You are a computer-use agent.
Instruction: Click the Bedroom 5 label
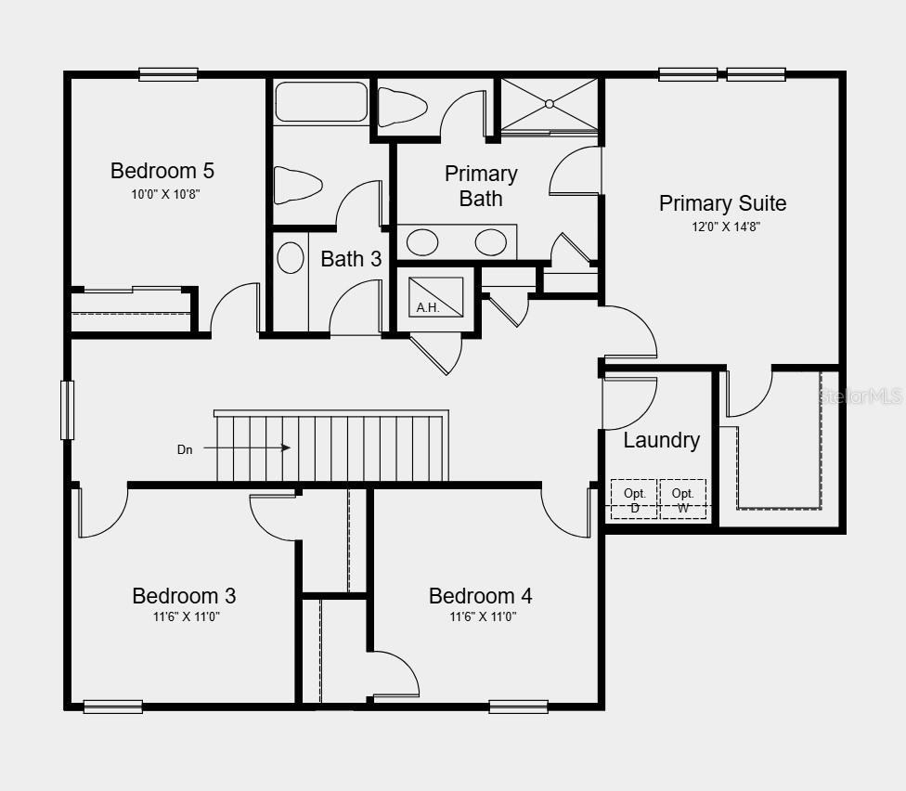(x=162, y=171)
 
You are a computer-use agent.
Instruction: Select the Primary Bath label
(x=481, y=186)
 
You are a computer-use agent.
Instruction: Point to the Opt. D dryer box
(x=634, y=499)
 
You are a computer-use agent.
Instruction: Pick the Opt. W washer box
(x=683, y=499)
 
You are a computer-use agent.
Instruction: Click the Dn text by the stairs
(x=186, y=449)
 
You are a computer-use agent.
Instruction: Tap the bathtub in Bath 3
(x=321, y=102)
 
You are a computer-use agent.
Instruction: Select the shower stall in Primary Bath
(x=550, y=104)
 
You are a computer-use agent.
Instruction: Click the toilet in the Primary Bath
(x=402, y=107)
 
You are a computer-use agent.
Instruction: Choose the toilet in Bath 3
(x=298, y=184)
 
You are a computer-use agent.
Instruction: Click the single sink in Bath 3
(x=291, y=257)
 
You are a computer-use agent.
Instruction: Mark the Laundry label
(x=661, y=440)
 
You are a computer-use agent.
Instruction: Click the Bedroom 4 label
(x=480, y=596)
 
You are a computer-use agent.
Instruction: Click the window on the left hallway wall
(x=67, y=409)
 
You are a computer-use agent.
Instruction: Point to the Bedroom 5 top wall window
(x=168, y=74)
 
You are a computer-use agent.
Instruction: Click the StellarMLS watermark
(x=860, y=396)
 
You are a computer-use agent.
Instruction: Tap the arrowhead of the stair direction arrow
(x=286, y=447)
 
